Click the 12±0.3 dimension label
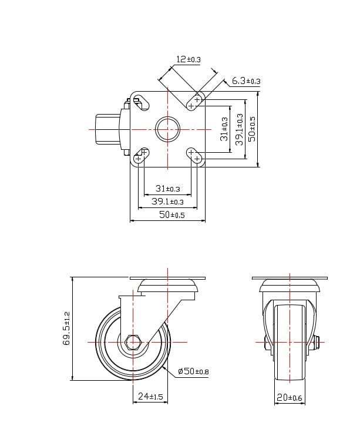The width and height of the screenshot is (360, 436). pos(188,59)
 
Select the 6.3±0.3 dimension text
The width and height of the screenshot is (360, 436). pos(245,81)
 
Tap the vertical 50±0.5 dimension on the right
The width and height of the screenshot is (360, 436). pos(253,129)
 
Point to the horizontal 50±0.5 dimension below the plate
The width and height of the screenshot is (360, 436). pos(169,215)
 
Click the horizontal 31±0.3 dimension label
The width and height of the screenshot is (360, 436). pos(167,189)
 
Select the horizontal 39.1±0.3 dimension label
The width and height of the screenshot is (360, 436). pos(167,202)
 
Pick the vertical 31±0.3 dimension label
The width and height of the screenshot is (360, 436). pos(224,129)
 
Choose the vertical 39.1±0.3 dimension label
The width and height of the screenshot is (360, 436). pos(239,129)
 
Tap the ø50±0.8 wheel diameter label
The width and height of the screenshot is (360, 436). pos(193,371)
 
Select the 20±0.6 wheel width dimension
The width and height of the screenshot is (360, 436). pos(289,398)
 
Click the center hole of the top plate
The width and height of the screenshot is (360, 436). pos(167,129)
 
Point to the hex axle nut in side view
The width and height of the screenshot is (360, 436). pos(133,341)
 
